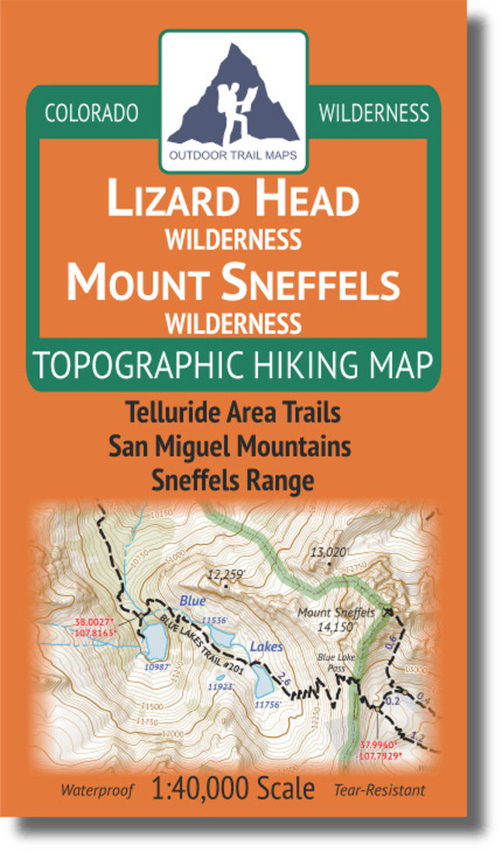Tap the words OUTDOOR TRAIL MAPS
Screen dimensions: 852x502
233,155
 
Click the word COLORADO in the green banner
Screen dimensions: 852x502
91,113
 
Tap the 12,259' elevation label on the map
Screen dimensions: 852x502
226,575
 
